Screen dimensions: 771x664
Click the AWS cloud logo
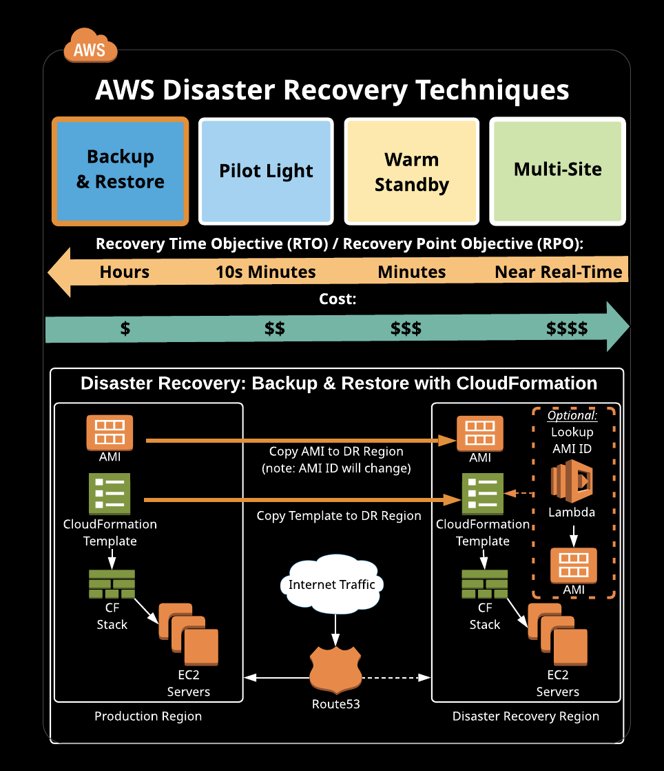[x=90, y=47]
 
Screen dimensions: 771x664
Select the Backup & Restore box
[x=120, y=171]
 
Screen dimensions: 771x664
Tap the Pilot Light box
[x=266, y=171]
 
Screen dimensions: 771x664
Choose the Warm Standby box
[x=412, y=171]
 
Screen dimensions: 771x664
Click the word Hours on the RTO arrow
[x=125, y=272]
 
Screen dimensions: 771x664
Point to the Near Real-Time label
[x=558, y=272]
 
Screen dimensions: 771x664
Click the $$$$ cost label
[x=567, y=328]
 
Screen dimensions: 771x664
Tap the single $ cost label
[x=125, y=328]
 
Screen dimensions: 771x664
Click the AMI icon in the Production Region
[x=110, y=432]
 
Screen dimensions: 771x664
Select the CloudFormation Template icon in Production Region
[x=110, y=494]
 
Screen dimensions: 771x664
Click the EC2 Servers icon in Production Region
[x=189, y=634]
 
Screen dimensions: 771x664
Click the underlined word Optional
[x=572, y=416]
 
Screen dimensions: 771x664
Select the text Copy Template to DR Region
[x=339, y=516]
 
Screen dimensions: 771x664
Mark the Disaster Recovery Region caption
[x=526, y=717]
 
